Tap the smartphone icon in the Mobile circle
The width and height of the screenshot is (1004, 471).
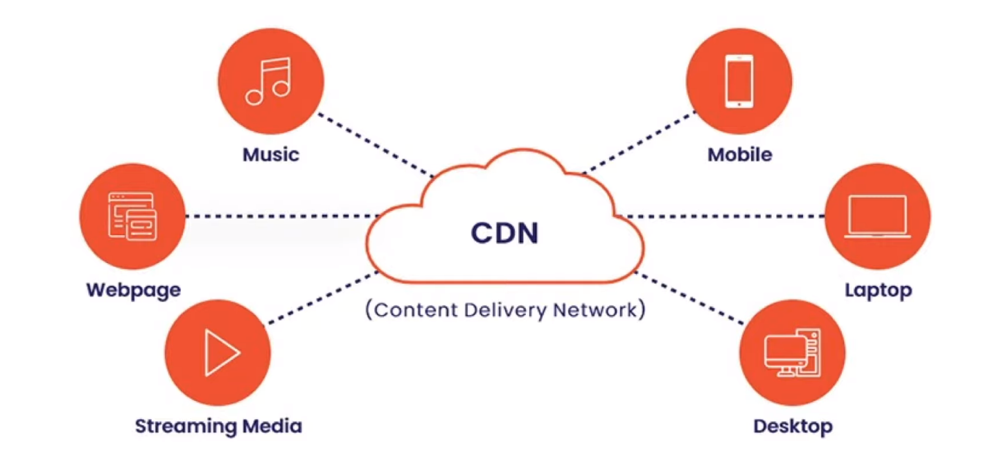click(x=739, y=81)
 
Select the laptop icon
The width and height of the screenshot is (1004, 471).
click(x=877, y=216)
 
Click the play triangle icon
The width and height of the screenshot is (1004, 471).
click(x=221, y=352)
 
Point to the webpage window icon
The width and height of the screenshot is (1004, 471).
click(x=132, y=216)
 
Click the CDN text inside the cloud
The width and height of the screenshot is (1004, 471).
click(x=504, y=233)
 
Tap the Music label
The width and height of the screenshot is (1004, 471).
click(x=270, y=153)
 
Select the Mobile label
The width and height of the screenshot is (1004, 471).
click(x=739, y=154)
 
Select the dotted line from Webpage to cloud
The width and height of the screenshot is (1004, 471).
click(x=277, y=216)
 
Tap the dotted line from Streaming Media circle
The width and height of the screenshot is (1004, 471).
click(x=322, y=298)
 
